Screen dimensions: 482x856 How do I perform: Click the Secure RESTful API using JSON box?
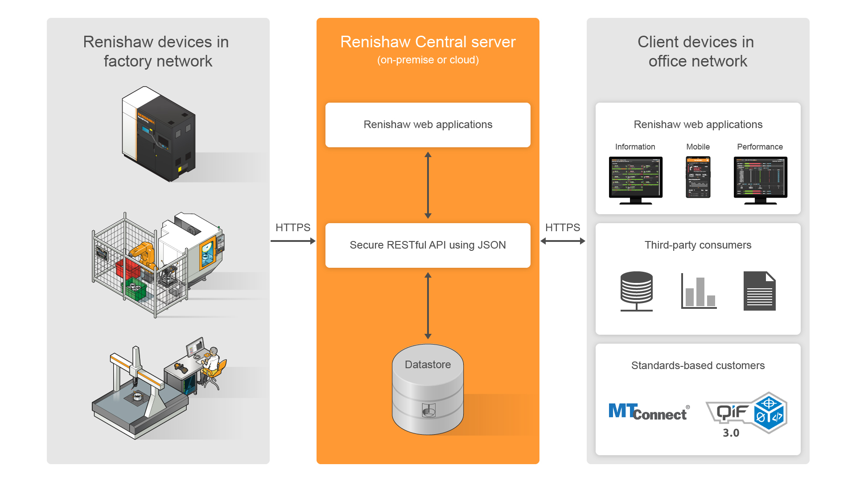tap(428, 245)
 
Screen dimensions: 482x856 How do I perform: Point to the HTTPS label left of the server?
tap(292, 228)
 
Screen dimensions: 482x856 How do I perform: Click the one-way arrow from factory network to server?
tap(292, 241)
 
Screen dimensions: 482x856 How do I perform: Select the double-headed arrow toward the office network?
tap(563, 241)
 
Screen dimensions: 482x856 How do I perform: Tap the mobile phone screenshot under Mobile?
tap(698, 177)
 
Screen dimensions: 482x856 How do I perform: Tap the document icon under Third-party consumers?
tap(759, 291)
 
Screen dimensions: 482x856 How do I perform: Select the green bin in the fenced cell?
tap(135, 289)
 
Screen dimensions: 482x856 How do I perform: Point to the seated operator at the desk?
tap(212, 364)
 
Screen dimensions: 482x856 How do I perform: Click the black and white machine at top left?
tap(158, 134)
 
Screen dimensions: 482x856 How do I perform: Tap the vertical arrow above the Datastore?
tap(428, 306)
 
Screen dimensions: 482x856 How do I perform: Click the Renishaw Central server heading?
tap(428, 42)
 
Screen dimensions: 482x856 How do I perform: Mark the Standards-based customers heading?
tap(698, 366)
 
